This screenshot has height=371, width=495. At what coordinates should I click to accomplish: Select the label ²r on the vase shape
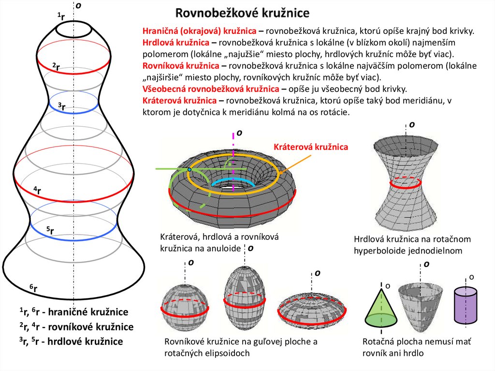(x=56, y=67)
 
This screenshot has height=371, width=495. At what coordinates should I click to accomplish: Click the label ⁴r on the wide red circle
(x=37, y=190)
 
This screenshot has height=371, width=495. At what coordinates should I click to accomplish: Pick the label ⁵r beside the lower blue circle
(x=50, y=231)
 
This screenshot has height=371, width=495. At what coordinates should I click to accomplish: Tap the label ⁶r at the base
(x=33, y=289)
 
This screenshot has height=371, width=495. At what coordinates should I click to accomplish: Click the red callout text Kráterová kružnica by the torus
(x=311, y=147)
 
